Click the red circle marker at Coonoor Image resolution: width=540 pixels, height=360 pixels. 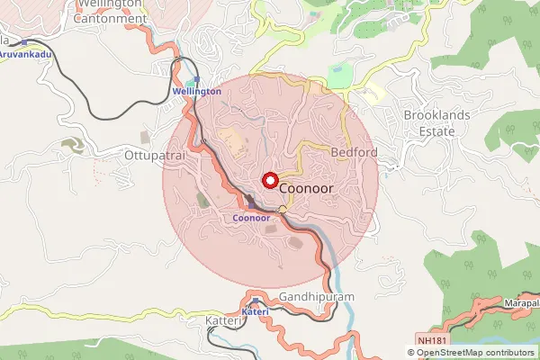[269, 179]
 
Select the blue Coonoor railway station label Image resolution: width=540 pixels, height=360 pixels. [251, 219]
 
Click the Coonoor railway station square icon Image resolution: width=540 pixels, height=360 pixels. [251, 207]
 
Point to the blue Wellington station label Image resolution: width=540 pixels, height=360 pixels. [196, 92]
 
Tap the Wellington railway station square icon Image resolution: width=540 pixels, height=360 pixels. [197, 80]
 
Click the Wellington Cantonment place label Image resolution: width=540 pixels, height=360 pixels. [111, 10]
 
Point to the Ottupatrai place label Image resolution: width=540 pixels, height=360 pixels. [152, 155]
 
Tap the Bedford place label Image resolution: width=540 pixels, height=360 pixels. [355, 152]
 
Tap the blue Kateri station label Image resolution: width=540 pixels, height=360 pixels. [256, 311]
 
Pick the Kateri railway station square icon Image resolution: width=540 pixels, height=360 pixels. [256, 301]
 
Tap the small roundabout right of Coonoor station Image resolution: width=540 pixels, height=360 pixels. [283, 210]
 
